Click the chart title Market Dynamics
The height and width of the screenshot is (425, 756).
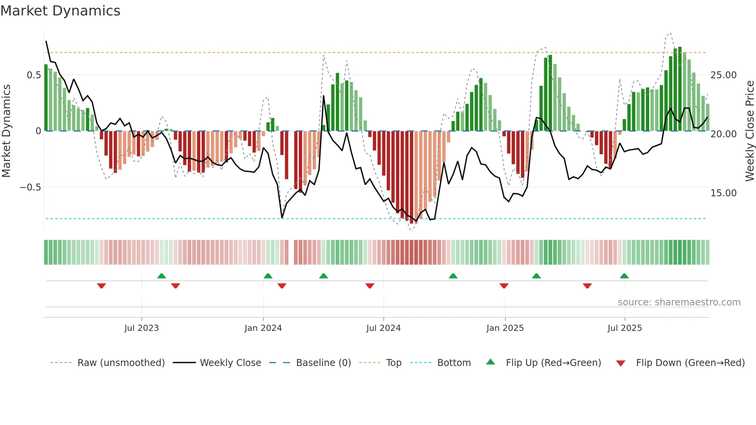pos(61,11)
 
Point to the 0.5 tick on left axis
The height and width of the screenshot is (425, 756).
pos(34,75)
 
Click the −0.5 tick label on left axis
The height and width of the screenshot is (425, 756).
pos(30,187)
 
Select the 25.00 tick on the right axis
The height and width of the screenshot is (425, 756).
pos(723,75)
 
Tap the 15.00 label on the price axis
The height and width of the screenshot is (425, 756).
pos(723,193)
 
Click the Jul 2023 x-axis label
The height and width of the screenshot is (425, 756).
pos(142,328)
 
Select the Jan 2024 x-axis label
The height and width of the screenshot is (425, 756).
pos(263,328)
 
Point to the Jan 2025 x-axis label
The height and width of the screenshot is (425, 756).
pos(505,328)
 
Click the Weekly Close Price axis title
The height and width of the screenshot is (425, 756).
pos(749,131)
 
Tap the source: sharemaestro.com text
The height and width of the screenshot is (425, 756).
pos(679,302)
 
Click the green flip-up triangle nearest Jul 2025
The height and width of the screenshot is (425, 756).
pos(624,276)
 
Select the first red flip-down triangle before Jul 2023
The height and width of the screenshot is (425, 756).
pos(101,286)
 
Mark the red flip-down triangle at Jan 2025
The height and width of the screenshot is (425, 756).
pos(504,286)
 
